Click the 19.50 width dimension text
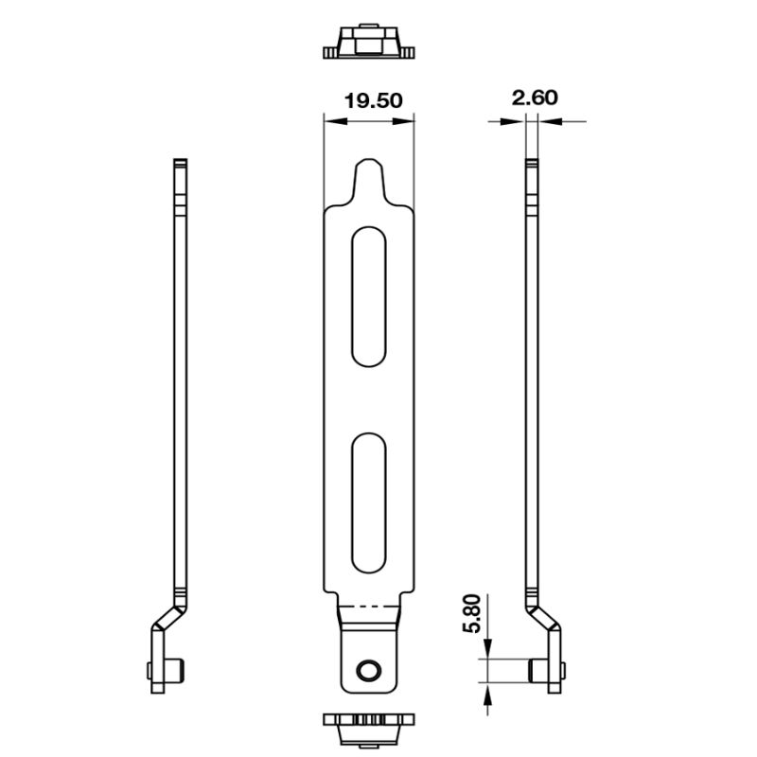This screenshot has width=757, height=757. pyautogui.click(x=368, y=100)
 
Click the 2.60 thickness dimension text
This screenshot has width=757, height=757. pyautogui.click(x=535, y=97)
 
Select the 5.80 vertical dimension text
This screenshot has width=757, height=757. pyautogui.click(x=473, y=616)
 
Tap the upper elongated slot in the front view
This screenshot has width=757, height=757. pyautogui.click(x=368, y=295)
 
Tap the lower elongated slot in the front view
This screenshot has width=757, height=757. pyautogui.click(x=368, y=502)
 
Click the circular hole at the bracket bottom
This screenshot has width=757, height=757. pyautogui.click(x=366, y=671)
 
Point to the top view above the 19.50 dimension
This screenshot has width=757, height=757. pyautogui.click(x=368, y=44)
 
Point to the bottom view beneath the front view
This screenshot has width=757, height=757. pyautogui.click(x=368, y=729)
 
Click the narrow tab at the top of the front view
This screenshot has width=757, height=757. pyautogui.click(x=368, y=180)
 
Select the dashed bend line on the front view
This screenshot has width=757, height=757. pyautogui.click(x=368, y=606)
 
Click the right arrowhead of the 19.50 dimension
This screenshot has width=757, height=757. pyautogui.click(x=408, y=119)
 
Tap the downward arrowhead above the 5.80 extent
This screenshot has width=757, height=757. pyautogui.click(x=487, y=651)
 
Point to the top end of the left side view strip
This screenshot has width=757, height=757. pyautogui.click(x=180, y=165)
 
